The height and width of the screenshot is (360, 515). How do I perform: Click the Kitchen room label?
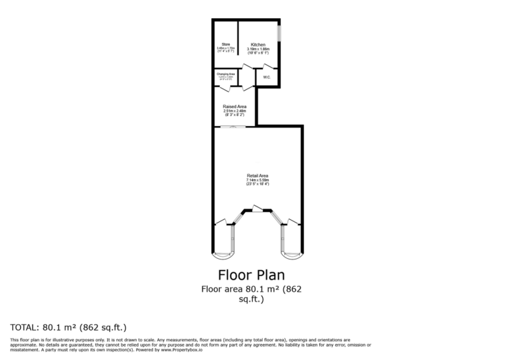point(257,45)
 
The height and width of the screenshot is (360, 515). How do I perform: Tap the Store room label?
point(226,44)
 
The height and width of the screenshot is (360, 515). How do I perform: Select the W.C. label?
point(266,77)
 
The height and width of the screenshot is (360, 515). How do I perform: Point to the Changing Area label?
point(226,74)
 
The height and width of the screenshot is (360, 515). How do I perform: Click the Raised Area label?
point(235,106)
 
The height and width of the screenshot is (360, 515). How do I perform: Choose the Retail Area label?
point(257,176)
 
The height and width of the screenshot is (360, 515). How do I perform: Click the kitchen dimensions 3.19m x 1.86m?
point(257,49)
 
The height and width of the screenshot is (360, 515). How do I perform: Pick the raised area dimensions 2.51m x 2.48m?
point(235,111)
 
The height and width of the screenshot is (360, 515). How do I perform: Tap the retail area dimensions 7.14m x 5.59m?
point(257,180)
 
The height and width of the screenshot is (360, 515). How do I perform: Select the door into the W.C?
point(269,67)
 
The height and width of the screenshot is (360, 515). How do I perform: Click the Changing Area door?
point(225,88)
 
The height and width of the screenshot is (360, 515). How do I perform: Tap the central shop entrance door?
point(257,209)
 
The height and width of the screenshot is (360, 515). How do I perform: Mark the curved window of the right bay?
point(292,256)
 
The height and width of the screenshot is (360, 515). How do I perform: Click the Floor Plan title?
point(251,275)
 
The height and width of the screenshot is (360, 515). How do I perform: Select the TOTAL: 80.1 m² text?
point(68,327)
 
